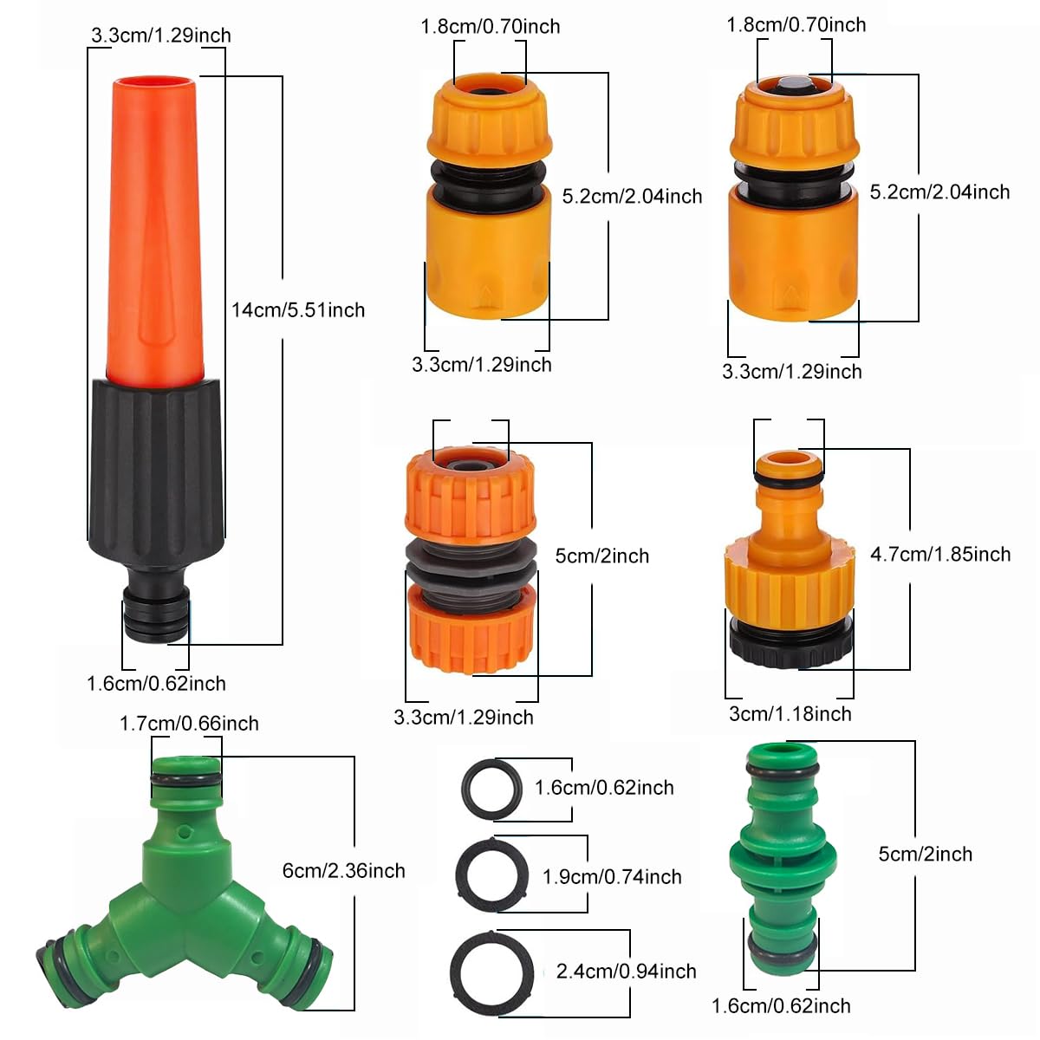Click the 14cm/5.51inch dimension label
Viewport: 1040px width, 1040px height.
[x=298, y=310]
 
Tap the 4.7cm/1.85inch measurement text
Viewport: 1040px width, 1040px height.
[x=940, y=555]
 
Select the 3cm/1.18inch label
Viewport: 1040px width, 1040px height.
[x=790, y=714]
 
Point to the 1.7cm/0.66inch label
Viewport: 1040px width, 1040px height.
[x=189, y=724]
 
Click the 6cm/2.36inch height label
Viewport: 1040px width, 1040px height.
[x=344, y=871]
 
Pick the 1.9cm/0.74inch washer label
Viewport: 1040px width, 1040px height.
[x=612, y=877]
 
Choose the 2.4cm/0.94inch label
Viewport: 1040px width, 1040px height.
[x=626, y=972]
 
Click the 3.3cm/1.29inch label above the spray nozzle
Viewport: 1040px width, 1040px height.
[x=161, y=36]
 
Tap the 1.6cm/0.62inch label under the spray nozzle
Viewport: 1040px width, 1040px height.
[x=156, y=684]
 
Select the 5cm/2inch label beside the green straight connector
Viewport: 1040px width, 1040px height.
[x=926, y=855]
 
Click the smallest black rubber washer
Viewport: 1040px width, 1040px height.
[x=491, y=789]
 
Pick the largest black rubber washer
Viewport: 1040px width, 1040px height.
[x=491, y=972]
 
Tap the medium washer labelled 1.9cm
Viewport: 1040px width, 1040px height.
[x=491, y=876]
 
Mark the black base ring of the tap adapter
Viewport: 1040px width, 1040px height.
[x=790, y=646]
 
